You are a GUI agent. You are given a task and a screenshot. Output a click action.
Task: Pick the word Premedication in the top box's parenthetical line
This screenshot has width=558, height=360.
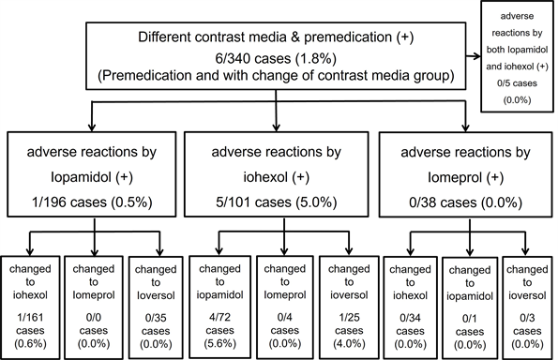(x=153, y=76)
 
